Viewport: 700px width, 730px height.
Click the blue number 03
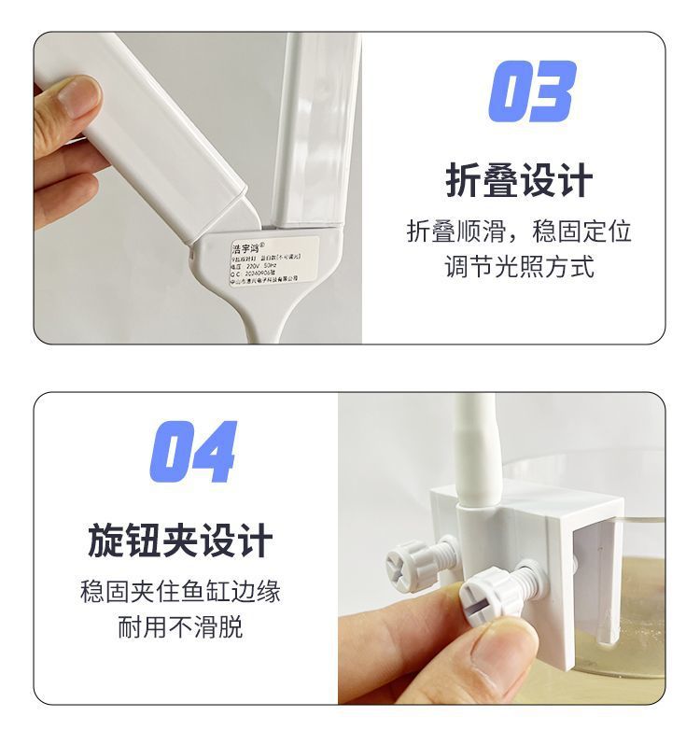[x=531, y=91]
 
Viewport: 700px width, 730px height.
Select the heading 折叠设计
[x=519, y=180]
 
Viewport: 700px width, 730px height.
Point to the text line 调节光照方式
[x=519, y=267]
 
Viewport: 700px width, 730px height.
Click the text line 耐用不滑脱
[x=180, y=626]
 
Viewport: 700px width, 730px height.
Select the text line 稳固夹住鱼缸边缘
[x=180, y=592]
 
